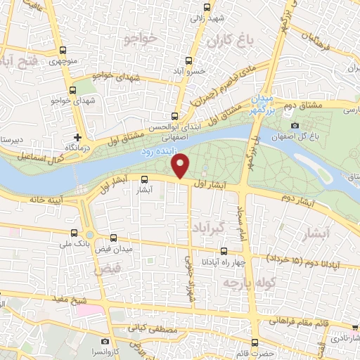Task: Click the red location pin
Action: pyautogui.click(x=181, y=166)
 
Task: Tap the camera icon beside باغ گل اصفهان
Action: pyautogui.click(x=295, y=126)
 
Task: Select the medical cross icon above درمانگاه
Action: pyautogui.click(x=77, y=136)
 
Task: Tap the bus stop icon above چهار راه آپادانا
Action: pyautogui.click(x=224, y=251)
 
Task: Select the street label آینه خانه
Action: pyautogui.click(x=43, y=200)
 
